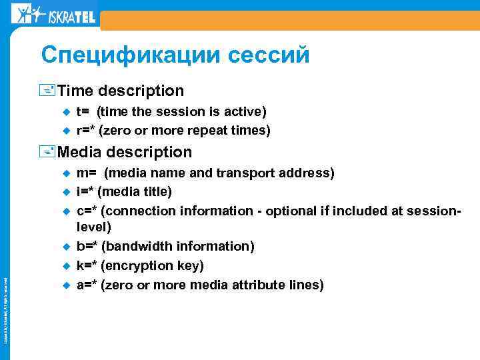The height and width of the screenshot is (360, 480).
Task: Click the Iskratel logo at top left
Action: pyautogui.click(x=54, y=14)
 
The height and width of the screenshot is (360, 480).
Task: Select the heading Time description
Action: pyautogui.click(x=121, y=90)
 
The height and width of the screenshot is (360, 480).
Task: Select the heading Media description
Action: pyautogui.click(x=125, y=152)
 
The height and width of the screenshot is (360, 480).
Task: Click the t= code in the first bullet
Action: pyautogui.click(x=83, y=111)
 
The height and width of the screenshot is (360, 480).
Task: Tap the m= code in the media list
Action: pyautogui.click(x=86, y=173)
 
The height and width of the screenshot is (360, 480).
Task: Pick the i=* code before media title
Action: pyautogui.click(x=85, y=192)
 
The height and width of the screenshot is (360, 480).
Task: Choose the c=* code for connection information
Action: pyautogui.click(x=87, y=211)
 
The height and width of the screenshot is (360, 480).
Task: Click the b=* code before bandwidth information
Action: pyautogui.click(x=87, y=247)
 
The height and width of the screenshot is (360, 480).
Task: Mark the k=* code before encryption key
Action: pyautogui.click(x=86, y=266)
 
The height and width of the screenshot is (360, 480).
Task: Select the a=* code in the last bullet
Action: pyautogui.click(x=87, y=285)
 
